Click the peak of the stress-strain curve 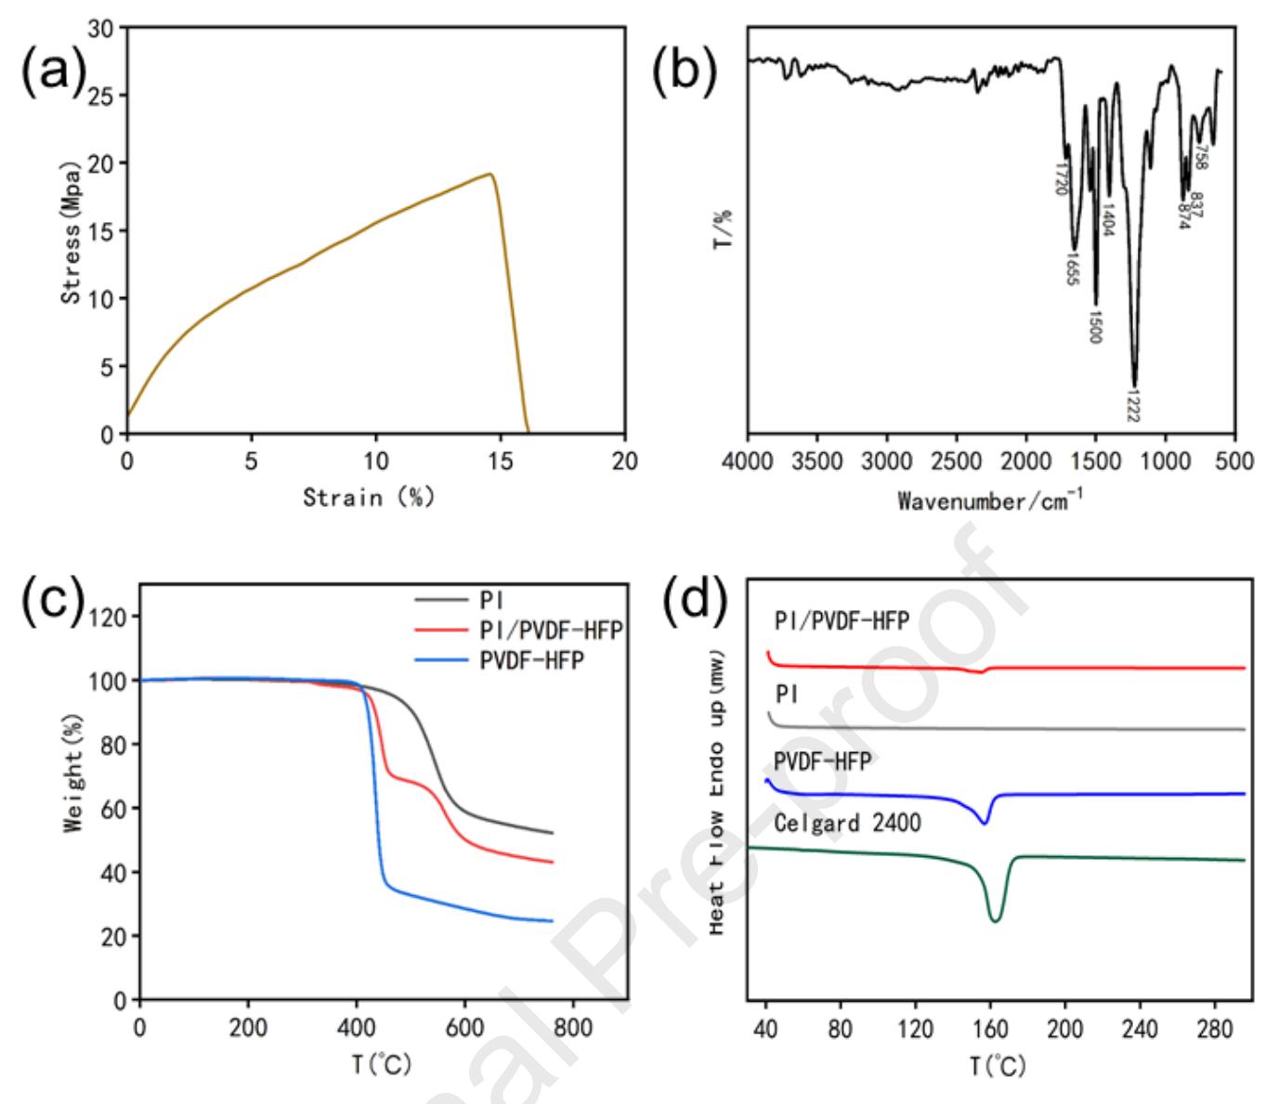489,174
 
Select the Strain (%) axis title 369,497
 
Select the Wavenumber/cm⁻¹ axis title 990,500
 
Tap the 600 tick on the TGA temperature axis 464,1028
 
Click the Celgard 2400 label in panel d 847,822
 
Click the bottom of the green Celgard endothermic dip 996,921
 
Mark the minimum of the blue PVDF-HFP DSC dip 985,823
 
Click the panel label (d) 695,602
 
